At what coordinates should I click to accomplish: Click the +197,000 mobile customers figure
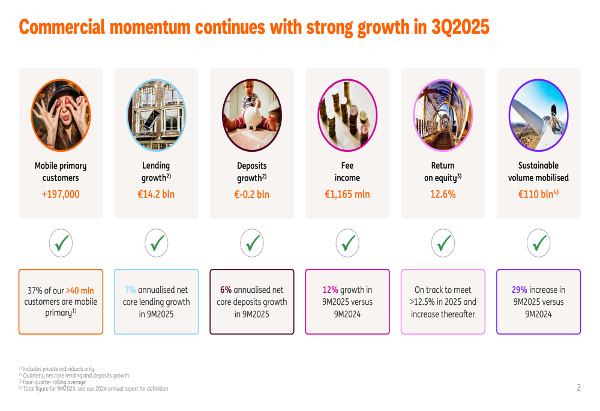[61, 194]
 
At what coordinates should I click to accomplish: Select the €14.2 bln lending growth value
[156, 194]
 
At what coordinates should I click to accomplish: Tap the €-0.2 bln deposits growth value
[251, 194]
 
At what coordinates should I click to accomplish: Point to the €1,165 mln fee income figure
[347, 194]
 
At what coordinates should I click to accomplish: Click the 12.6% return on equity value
[443, 194]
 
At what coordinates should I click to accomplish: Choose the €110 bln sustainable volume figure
[538, 194]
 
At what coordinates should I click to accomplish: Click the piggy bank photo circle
[251, 115]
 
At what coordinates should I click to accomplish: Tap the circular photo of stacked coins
[347, 115]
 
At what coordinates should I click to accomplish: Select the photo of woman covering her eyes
[61, 115]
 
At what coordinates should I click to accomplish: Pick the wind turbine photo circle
[538, 115]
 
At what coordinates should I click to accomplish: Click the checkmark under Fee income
[347, 244]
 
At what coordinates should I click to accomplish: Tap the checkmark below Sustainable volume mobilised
[539, 244]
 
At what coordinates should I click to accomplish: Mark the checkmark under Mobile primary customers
[61, 244]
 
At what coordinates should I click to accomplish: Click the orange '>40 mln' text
[80, 291]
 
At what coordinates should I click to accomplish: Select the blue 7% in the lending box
[130, 290]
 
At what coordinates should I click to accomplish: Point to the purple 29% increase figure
[519, 290]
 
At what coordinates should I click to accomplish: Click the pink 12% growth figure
[331, 290]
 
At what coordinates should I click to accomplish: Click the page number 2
[578, 388]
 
